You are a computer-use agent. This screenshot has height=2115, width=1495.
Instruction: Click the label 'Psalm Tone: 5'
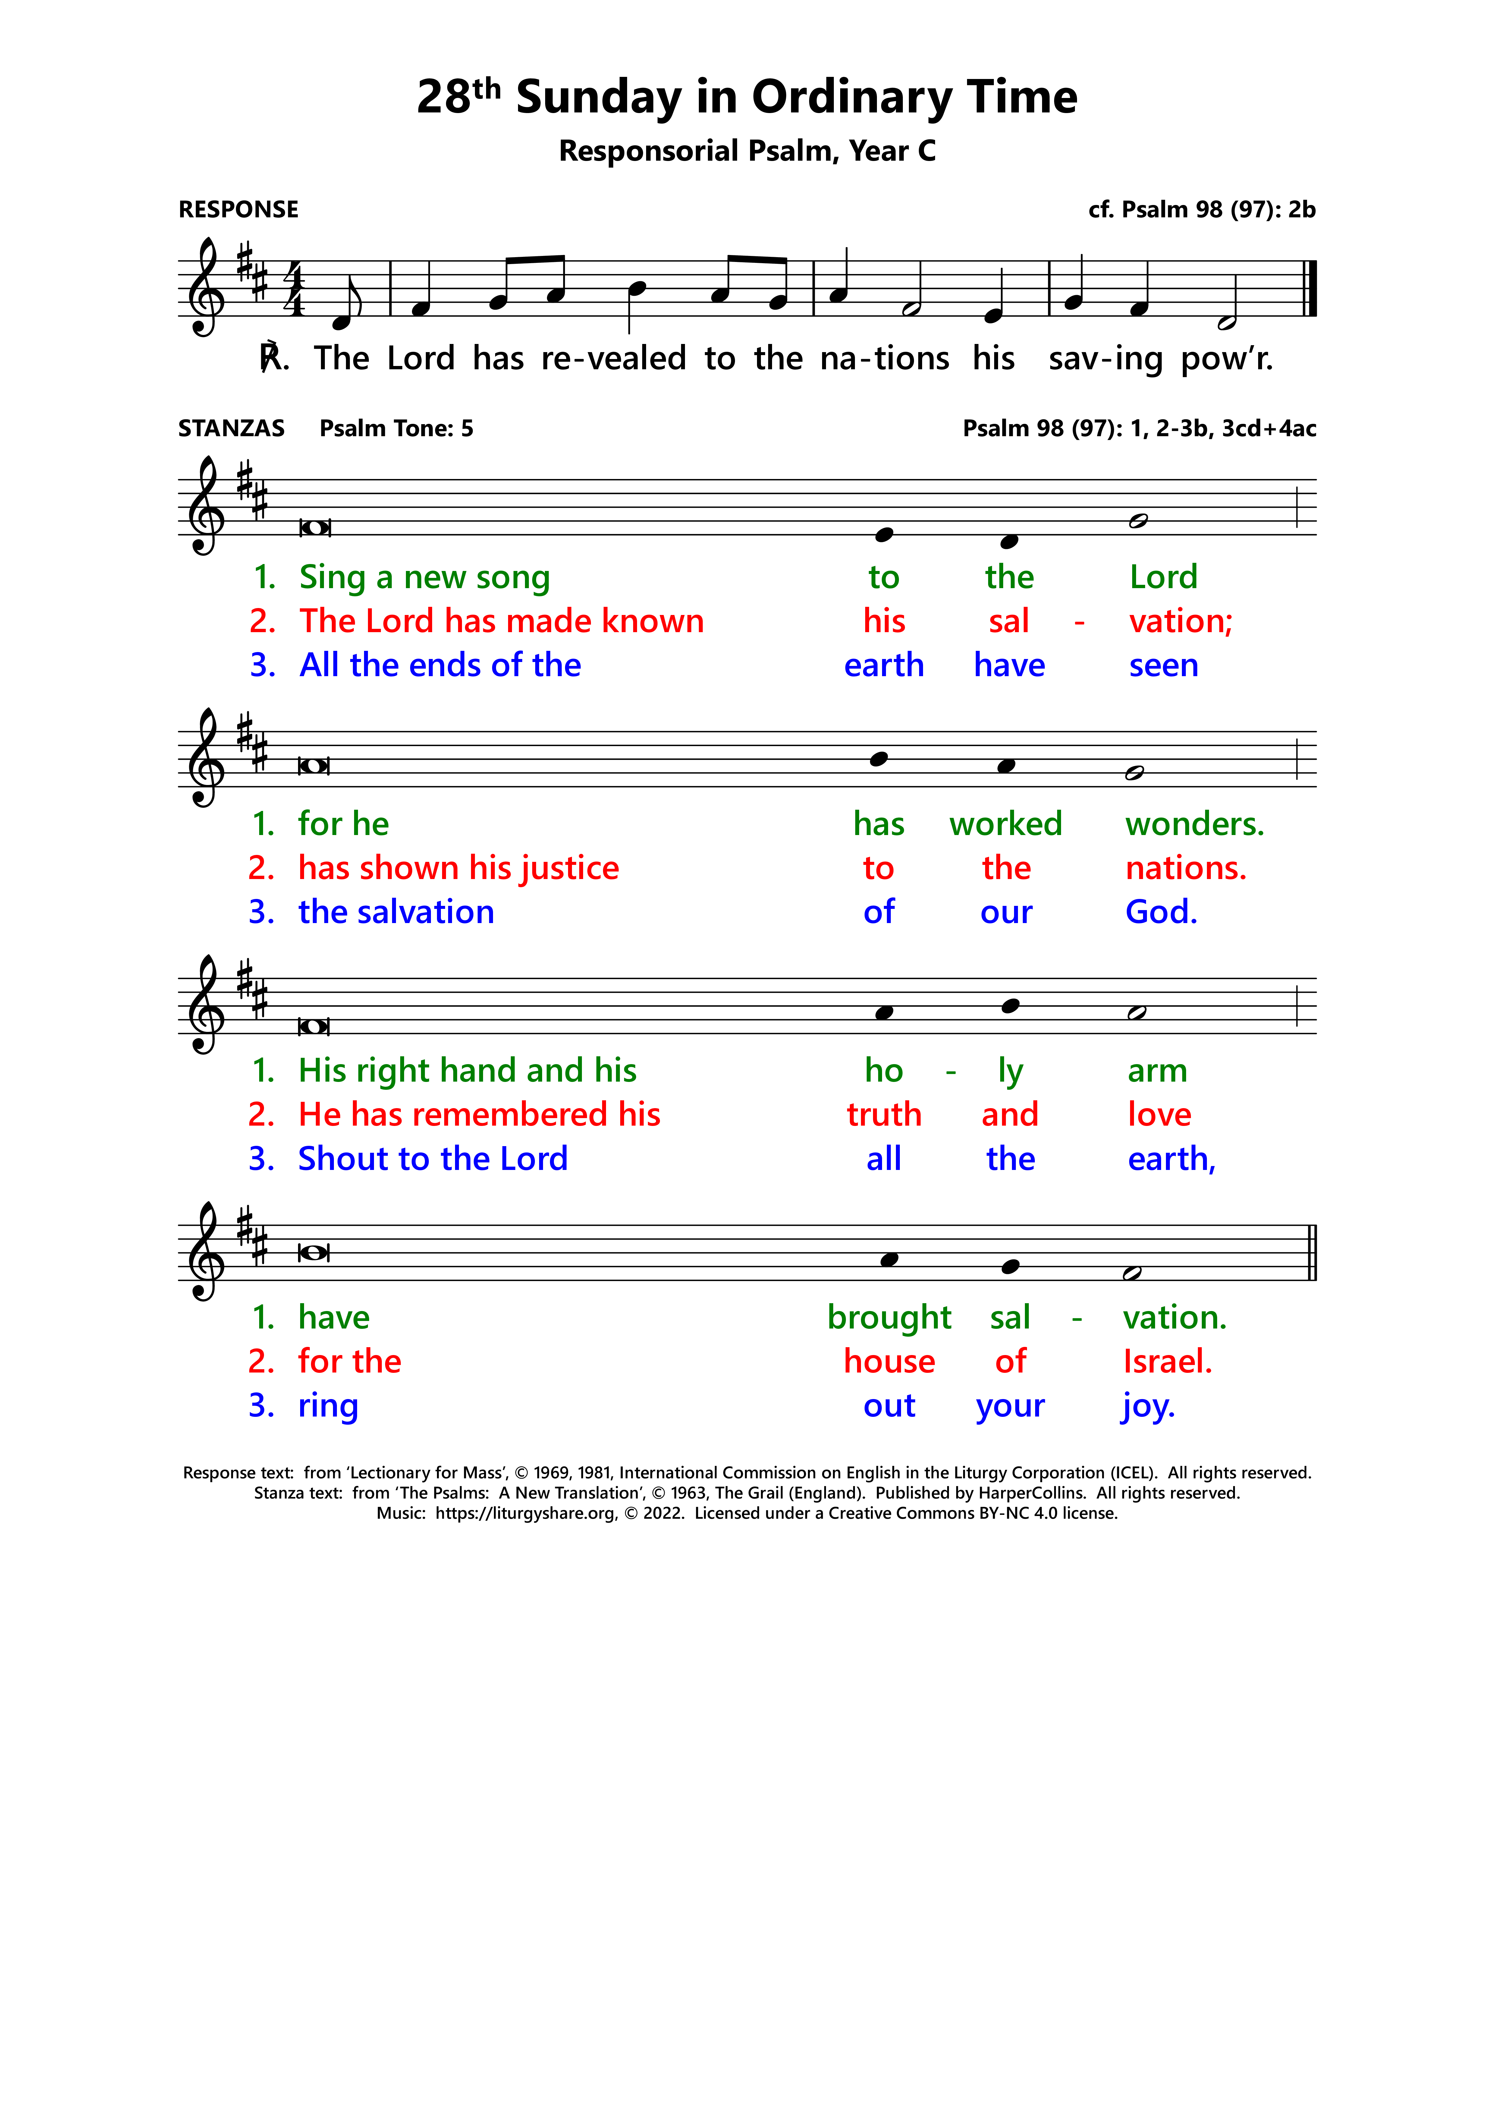pyautogui.click(x=396, y=428)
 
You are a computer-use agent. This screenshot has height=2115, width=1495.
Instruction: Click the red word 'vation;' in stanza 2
pyautogui.click(x=1180, y=622)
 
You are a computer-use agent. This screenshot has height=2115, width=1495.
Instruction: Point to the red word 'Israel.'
pyautogui.click(x=1167, y=1361)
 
